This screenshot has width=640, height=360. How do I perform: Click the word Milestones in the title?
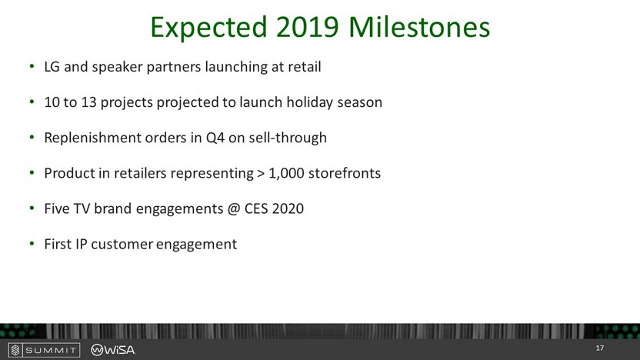[x=419, y=28]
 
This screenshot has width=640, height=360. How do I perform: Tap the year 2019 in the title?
[x=308, y=28]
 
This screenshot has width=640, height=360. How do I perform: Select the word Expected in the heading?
[x=208, y=28]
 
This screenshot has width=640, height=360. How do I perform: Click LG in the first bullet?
[x=52, y=66]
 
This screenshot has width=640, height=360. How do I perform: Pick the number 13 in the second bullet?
[x=88, y=102]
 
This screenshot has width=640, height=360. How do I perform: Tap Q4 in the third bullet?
[x=215, y=138]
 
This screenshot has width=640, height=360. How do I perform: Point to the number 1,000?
[x=286, y=174]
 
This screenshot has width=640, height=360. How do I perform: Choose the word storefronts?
[x=345, y=173]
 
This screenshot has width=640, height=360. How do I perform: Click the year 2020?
[x=288, y=208]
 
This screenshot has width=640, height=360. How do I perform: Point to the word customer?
[x=122, y=244]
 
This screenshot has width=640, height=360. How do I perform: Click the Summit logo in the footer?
[x=44, y=350]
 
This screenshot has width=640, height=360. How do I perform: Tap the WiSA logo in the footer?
[x=112, y=350]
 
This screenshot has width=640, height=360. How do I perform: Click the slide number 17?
[x=599, y=348]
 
